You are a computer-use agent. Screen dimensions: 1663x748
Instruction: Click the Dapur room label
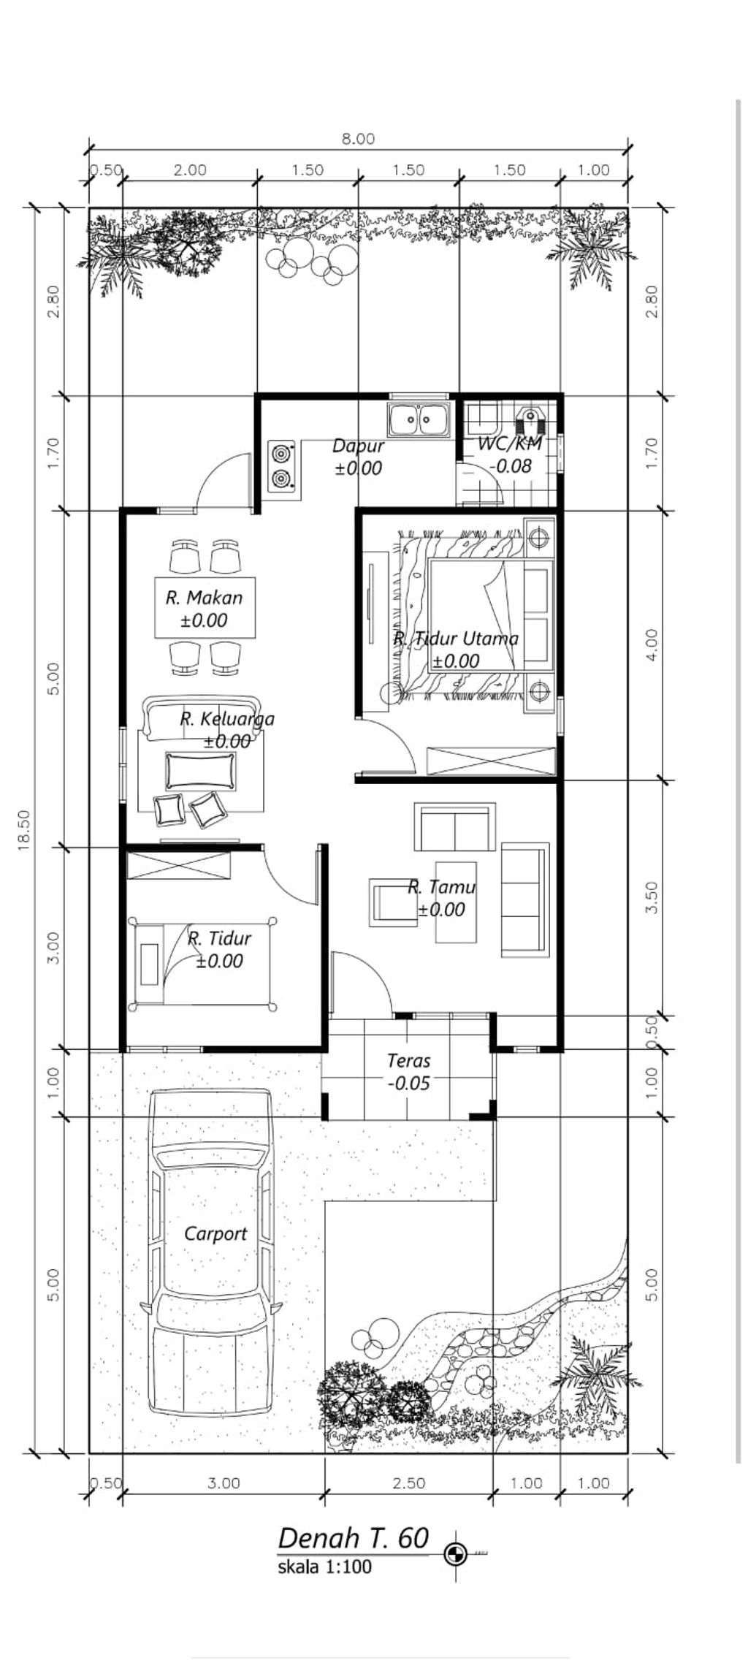(x=357, y=446)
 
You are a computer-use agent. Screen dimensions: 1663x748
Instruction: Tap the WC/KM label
(x=510, y=444)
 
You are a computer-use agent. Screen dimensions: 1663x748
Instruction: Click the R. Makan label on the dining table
(x=204, y=598)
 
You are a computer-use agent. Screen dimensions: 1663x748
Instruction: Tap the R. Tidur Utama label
(x=456, y=639)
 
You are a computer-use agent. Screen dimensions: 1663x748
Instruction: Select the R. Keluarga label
(x=227, y=719)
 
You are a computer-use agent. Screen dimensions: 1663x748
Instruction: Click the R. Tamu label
(x=441, y=887)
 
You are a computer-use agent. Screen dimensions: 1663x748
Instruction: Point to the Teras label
(x=408, y=1060)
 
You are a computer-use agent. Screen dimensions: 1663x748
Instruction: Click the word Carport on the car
(x=215, y=1234)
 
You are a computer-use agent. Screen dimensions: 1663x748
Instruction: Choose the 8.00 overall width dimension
(x=358, y=139)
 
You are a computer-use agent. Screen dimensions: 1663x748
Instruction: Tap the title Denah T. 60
(x=354, y=1539)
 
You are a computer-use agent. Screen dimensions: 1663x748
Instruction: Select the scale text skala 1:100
(x=324, y=1567)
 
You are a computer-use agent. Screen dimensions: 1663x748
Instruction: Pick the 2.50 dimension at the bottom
(x=408, y=1483)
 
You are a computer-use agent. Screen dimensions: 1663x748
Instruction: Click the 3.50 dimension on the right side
(x=652, y=897)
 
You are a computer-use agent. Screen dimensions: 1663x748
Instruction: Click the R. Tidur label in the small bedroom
(x=219, y=938)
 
